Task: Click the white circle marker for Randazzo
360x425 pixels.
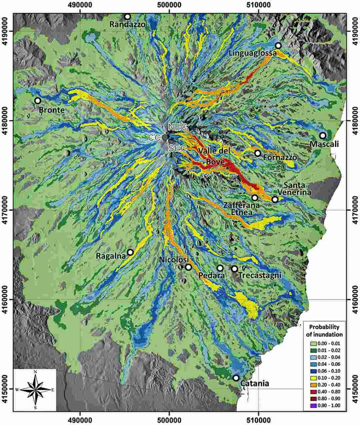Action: pyautogui.click(x=127, y=17)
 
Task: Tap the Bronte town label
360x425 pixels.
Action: pyautogui.click(x=52, y=110)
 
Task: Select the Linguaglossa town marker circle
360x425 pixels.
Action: pyautogui.click(x=278, y=45)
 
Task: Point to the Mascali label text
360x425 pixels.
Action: pyautogui.click(x=324, y=144)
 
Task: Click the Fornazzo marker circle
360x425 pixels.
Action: pyautogui.click(x=258, y=153)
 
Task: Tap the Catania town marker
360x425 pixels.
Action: pyautogui.click(x=236, y=378)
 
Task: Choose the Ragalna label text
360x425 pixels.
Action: pyautogui.click(x=111, y=255)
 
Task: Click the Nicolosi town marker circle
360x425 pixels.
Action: pyautogui.click(x=188, y=267)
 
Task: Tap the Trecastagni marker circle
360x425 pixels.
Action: pyautogui.click(x=234, y=269)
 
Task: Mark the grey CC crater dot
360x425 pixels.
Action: pyautogui.click(x=165, y=137)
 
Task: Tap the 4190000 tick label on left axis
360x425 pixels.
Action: pyautogui.click(x=7, y=32)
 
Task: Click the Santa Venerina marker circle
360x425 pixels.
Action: pyautogui.click(x=275, y=199)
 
